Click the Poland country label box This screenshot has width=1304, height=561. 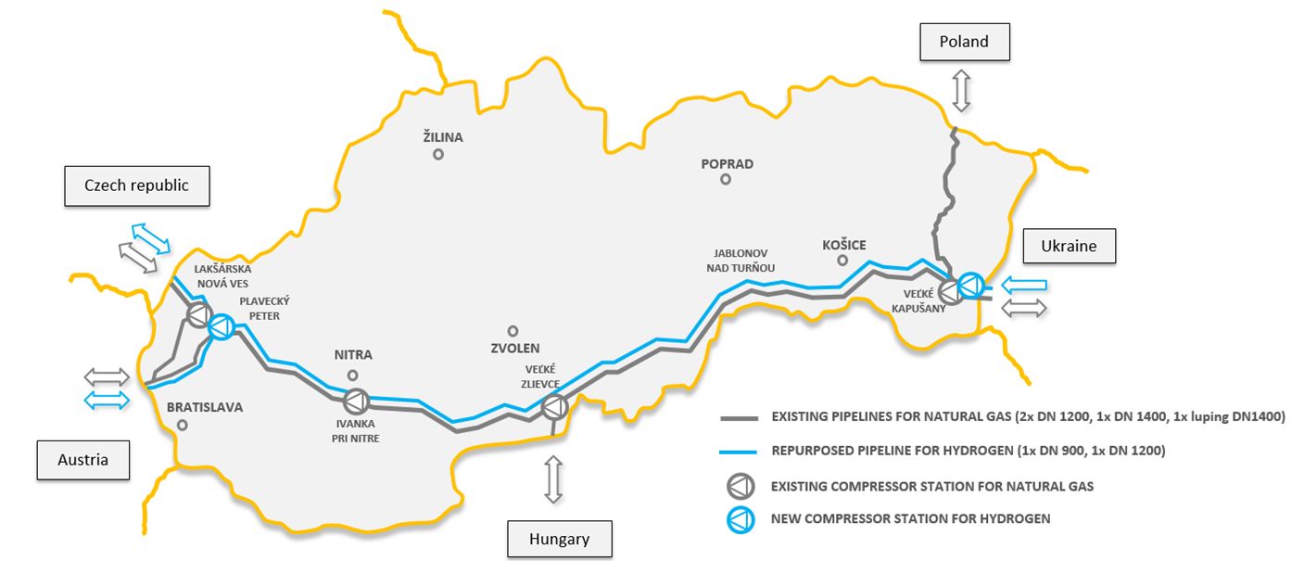tap(964, 42)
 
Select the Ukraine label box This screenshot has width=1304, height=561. tap(1070, 247)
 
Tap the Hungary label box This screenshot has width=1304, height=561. tap(560, 539)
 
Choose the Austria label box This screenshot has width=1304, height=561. tap(82, 460)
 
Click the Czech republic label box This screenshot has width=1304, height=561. tap(136, 185)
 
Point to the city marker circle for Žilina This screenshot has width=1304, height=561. tap(438, 155)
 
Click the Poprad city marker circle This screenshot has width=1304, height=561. tap(726, 180)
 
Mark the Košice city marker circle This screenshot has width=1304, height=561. tap(842, 261)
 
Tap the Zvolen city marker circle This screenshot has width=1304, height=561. tap(513, 330)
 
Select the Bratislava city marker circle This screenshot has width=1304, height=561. tap(183, 425)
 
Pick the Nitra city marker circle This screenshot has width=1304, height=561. tap(352, 375)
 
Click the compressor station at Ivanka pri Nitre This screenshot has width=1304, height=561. tap(356, 402)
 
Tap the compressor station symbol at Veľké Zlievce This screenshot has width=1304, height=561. tap(554, 406)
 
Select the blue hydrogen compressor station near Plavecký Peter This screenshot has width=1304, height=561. tap(222, 325)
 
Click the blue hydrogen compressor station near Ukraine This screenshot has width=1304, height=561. tap(971, 285)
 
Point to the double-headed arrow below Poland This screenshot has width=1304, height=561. tap(961, 91)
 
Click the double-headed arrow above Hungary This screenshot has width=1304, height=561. tap(553, 479)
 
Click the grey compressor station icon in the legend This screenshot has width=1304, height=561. tap(740, 486)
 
